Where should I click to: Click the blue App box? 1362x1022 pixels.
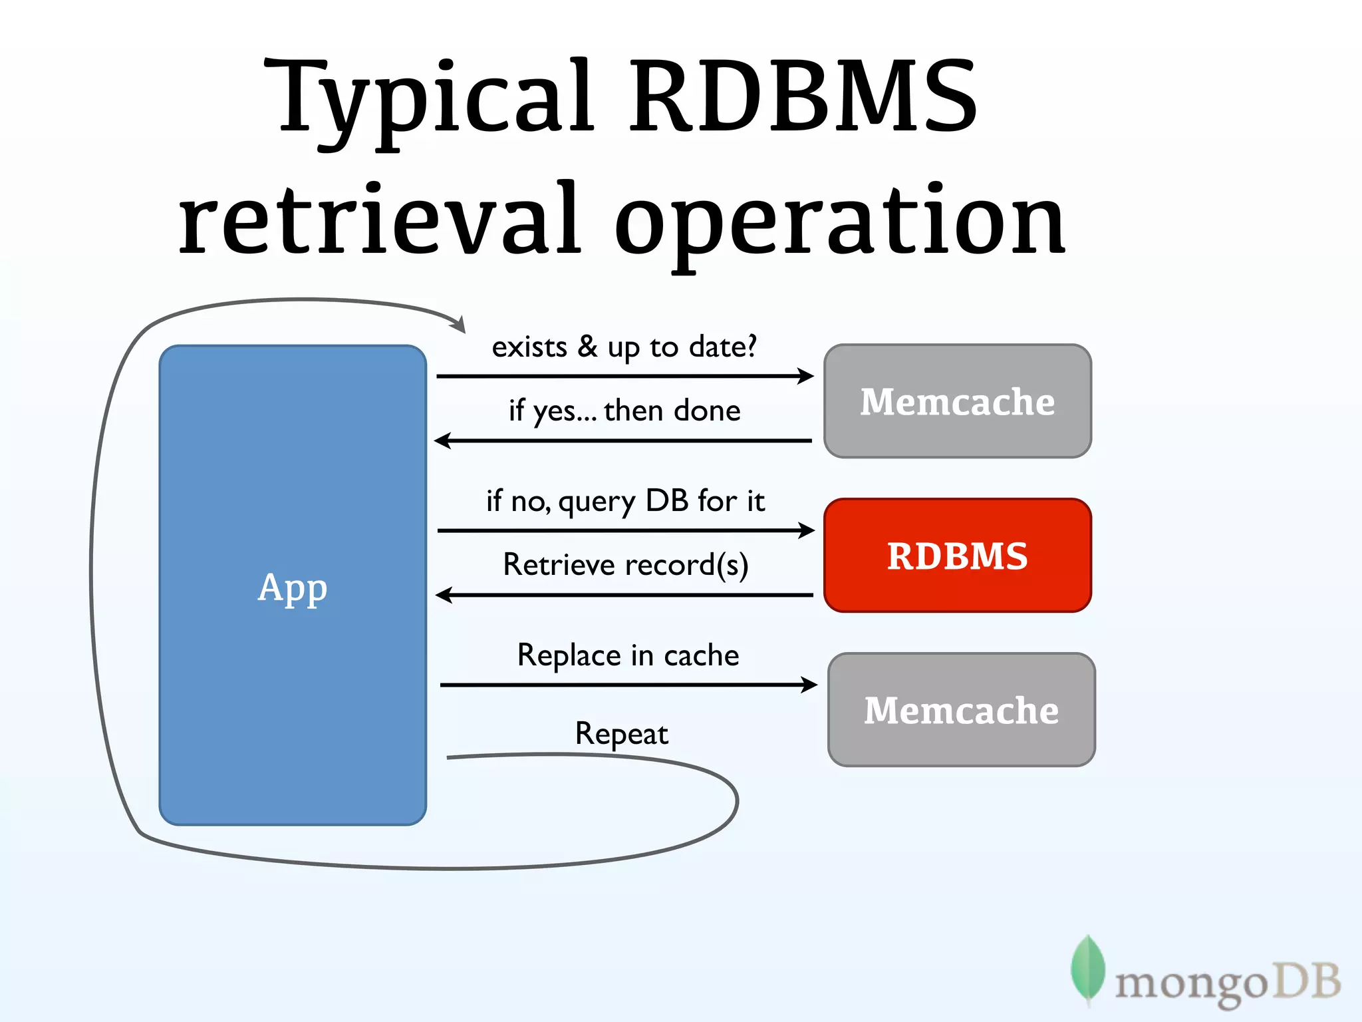[293, 586]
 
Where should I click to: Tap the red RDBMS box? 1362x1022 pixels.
[958, 556]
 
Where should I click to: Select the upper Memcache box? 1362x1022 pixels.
[958, 401]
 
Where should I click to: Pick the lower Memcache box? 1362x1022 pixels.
[962, 710]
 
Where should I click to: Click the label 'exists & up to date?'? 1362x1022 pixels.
[624, 347]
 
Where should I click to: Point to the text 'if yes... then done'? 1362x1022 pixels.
[624, 411]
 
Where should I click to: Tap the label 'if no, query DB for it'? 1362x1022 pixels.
[625, 501]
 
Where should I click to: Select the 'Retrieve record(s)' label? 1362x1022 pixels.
[625, 565]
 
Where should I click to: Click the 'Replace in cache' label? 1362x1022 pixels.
[628, 655]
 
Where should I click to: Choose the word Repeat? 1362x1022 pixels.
[621, 734]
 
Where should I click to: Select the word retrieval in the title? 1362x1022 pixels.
[379, 220]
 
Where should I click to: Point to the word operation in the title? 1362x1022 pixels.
[839, 223]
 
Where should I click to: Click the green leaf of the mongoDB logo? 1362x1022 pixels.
[1087, 968]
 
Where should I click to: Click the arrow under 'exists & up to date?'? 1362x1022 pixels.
[625, 377]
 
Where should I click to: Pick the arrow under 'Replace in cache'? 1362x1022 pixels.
[628, 685]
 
